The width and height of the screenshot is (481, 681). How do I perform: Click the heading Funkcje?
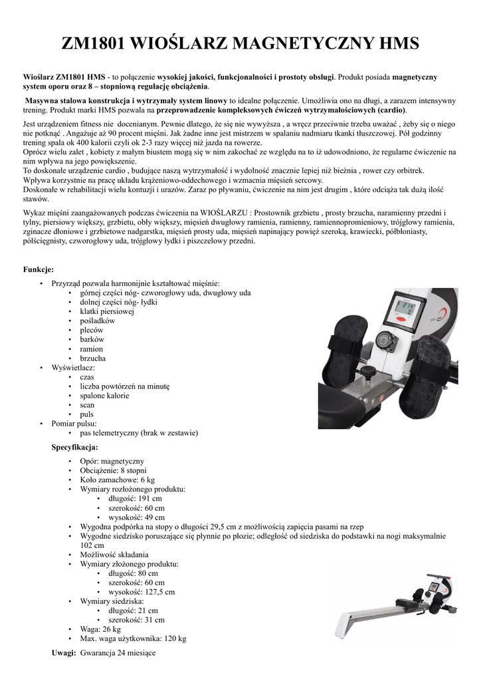(x=39, y=269)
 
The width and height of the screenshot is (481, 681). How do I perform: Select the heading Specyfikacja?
(x=74, y=447)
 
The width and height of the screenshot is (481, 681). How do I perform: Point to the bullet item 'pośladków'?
(x=97, y=321)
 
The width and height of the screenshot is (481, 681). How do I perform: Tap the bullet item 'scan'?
(x=87, y=404)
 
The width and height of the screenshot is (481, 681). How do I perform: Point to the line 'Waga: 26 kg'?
(x=100, y=628)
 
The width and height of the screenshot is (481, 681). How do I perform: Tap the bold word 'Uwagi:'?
(x=64, y=653)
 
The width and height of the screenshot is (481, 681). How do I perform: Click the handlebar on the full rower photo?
(x=415, y=594)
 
